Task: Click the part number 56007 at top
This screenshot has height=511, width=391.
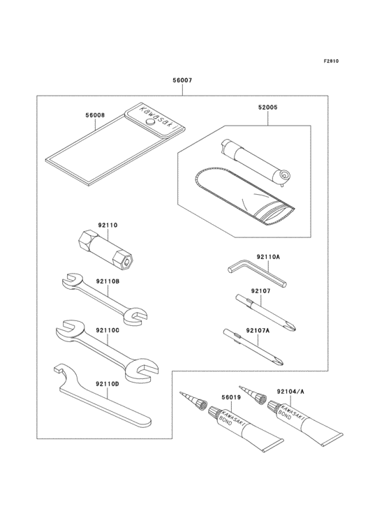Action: (182, 81)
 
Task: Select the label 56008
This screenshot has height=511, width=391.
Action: (95, 114)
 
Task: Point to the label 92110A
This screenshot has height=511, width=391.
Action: (267, 258)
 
